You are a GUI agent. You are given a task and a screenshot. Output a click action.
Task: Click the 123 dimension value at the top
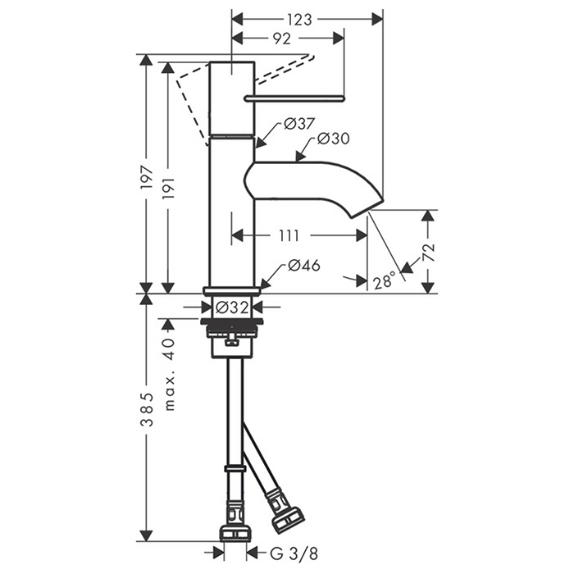point(300,18)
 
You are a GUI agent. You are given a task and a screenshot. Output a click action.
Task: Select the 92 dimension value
point(280,38)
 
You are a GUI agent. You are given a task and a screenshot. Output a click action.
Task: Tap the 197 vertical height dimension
point(147,180)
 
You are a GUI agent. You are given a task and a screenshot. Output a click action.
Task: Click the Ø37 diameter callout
point(299,125)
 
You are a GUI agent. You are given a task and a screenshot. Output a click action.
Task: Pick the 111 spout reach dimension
point(289,236)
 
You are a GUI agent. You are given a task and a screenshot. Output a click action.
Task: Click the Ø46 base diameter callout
point(303,266)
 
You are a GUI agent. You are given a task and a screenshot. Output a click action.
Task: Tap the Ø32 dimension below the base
point(233,308)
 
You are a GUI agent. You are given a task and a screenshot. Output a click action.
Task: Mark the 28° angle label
point(384,282)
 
